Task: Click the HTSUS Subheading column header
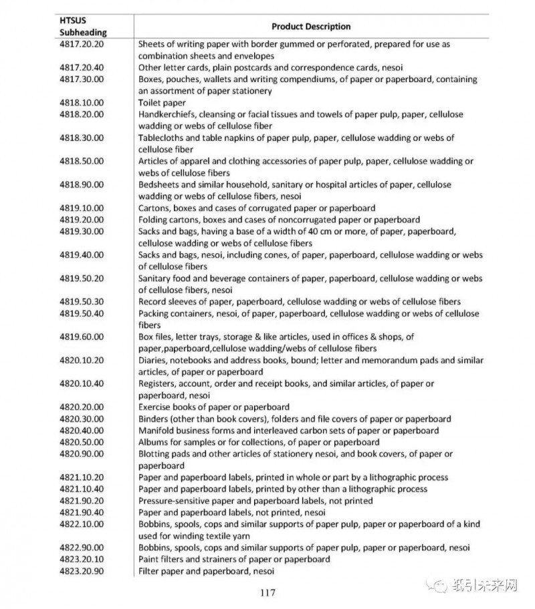[82, 26]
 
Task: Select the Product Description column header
[310, 27]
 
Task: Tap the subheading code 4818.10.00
[82, 103]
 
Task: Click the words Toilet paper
[162, 103]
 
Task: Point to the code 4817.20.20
[82, 44]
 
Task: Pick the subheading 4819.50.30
[82, 302]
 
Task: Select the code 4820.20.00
[82, 407]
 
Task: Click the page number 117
[267, 592]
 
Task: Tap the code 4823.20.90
[82, 571]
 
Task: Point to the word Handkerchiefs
[169, 114]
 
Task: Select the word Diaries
[153, 361]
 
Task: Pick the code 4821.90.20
[82, 501]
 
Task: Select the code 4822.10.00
[82, 524]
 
